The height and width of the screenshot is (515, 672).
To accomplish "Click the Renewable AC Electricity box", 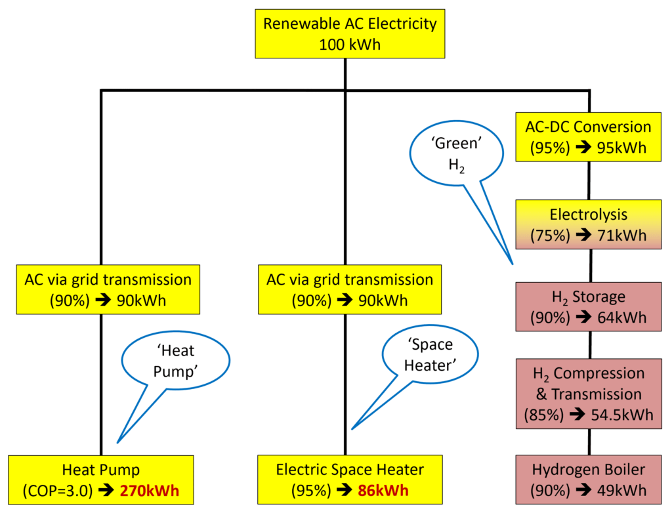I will (349, 34).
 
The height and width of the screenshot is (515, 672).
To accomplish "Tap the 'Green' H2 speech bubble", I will (456, 155).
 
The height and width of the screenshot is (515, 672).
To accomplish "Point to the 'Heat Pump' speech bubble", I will (175, 361).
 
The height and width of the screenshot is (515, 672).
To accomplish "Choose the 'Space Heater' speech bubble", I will (429, 354).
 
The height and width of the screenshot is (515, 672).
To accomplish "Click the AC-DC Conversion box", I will (589, 137).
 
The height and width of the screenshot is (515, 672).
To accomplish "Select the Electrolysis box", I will (589, 224).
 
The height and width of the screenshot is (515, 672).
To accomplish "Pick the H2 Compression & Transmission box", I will (589, 394).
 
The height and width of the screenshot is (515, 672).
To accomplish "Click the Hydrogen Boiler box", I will (589, 480).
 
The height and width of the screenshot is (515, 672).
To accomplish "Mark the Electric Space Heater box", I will (350, 480).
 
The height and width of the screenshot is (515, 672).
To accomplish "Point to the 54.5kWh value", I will (619, 415).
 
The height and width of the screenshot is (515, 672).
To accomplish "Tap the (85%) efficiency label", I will (542, 415).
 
